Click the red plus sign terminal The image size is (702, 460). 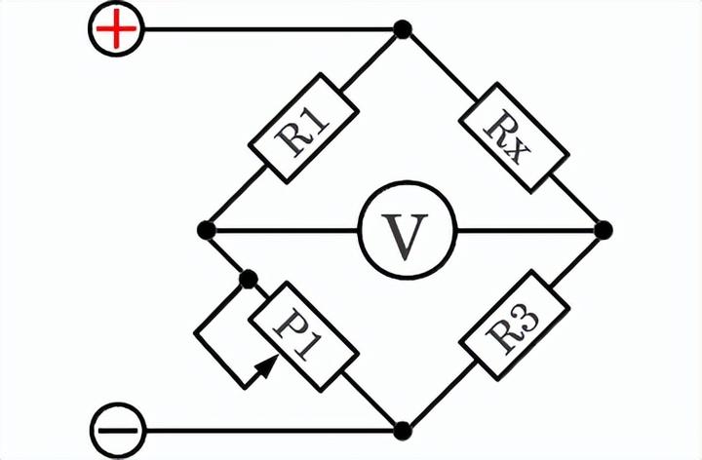116,29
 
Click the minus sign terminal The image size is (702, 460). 118,431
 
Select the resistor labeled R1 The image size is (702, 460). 303,129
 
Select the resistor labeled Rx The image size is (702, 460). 514,137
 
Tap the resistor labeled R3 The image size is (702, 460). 514,326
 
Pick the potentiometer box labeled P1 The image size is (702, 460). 303,336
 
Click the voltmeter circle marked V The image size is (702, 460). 407,230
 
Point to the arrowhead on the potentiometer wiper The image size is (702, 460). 268,366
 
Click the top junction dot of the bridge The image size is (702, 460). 403,29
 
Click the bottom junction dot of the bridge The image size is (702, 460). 403,431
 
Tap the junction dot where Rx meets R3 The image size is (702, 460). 604,230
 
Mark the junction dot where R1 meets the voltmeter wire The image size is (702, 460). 207,230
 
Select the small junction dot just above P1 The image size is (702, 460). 249,280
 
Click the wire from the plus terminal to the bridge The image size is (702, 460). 269,29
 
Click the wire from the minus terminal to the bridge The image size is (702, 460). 269,431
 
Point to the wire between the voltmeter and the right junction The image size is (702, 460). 526,230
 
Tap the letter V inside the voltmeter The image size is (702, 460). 405,237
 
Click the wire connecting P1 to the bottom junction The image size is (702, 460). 370,399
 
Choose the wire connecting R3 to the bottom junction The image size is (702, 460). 442,394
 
